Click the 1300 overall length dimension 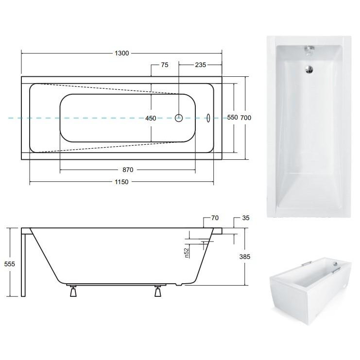point(121,53)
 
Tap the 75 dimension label point(165,65)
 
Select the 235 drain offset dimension point(201,65)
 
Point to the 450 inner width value point(151,118)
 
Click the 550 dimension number point(232,118)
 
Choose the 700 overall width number point(246,118)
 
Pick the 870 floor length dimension point(128,170)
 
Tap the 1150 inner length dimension point(121,182)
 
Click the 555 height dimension point(9,264)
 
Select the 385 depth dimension point(245,257)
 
